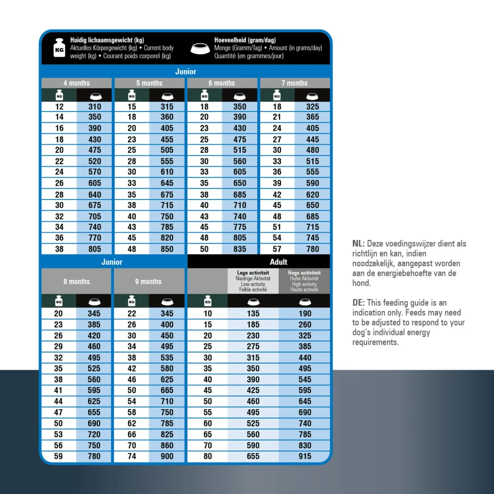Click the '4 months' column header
pyautogui.click(x=76, y=83)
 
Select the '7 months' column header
pyautogui.click(x=294, y=83)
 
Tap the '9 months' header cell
pyautogui.click(x=148, y=282)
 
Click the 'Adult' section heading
pyautogui.click(x=278, y=262)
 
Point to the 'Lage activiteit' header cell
pyautogui.click(x=253, y=281)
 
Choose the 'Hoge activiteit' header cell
pyautogui.click(x=304, y=281)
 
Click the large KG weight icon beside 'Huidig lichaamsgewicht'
pyautogui.click(x=59, y=48)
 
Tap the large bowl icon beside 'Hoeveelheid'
pyautogui.click(x=200, y=48)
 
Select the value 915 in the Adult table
pyautogui.click(x=305, y=456)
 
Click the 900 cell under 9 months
pyautogui.click(x=167, y=456)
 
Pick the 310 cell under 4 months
pyautogui.click(x=95, y=107)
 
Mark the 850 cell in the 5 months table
pyautogui.click(x=167, y=249)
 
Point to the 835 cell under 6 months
pyautogui.click(x=240, y=249)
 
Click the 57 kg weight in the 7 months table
pyautogui.click(x=277, y=249)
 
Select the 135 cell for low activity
pyautogui.click(x=253, y=314)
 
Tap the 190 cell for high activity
pyautogui.click(x=305, y=314)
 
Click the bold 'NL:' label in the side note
pyautogui.click(x=358, y=244)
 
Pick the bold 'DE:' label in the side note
pyautogui.click(x=358, y=303)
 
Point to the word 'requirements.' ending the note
pyautogui.click(x=376, y=342)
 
